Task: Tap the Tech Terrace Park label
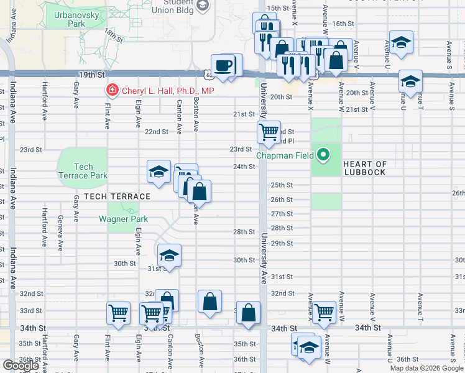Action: [83, 171]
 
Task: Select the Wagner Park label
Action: [123, 219]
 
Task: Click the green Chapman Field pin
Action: [323, 155]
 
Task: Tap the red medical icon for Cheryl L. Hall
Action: [113, 91]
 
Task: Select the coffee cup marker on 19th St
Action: [223, 65]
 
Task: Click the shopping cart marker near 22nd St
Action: [269, 132]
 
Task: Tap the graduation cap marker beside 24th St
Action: [159, 171]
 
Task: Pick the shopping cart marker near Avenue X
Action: [325, 312]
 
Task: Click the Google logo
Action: [21, 366]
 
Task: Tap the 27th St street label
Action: [281, 214]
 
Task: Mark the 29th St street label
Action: [282, 243]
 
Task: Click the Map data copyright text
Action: [426, 368]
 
